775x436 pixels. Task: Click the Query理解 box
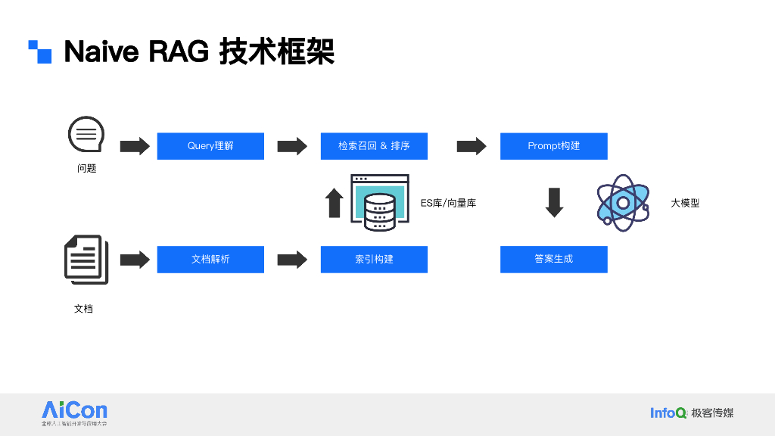(x=210, y=146)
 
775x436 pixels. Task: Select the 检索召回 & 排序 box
(x=374, y=146)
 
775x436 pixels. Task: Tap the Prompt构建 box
(x=553, y=146)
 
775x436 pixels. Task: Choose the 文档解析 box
(x=210, y=260)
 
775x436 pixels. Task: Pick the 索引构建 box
(x=374, y=260)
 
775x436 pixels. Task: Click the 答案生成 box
(x=553, y=260)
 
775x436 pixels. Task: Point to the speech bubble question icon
(x=86, y=135)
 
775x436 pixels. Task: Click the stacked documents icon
(x=86, y=260)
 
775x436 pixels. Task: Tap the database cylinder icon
(x=379, y=212)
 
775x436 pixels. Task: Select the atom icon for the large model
(x=623, y=203)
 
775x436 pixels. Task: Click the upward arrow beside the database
(x=335, y=203)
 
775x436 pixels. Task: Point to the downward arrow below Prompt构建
(x=555, y=202)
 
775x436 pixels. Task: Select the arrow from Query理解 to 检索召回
(x=292, y=146)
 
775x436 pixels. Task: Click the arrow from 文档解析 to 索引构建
(x=292, y=260)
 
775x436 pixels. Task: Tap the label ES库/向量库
(x=448, y=203)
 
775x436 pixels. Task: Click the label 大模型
(x=685, y=203)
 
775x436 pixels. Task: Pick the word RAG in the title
(x=178, y=52)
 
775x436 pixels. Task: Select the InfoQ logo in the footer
(x=668, y=413)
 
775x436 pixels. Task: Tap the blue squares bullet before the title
(x=40, y=51)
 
